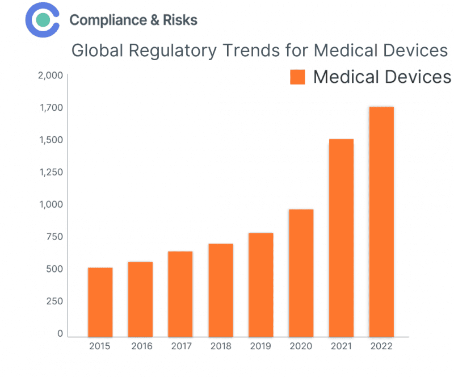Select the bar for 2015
point(100,302)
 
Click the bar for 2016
point(140,299)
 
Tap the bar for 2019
point(261,284)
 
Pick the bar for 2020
point(301,273)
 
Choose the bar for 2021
point(342,238)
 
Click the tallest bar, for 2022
point(381,222)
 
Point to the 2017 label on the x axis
point(180,346)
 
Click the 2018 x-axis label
point(221,346)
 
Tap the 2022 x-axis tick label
point(381,346)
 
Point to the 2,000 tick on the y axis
point(51,76)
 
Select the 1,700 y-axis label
point(51,108)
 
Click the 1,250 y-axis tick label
point(51,172)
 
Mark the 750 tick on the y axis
point(54,237)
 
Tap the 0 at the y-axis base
point(60,334)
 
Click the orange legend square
point(298,77)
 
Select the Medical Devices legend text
point(382,77)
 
